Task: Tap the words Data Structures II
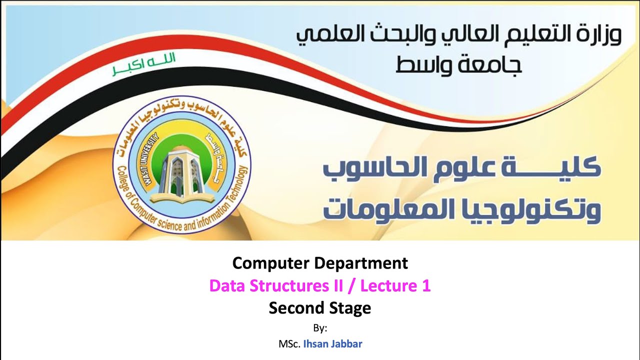(276, 286)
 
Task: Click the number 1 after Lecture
(426, 286)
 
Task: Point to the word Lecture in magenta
(388, 286)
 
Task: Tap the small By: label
(320, 328)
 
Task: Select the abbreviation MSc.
(289, 344)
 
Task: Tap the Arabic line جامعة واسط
(458, 64)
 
